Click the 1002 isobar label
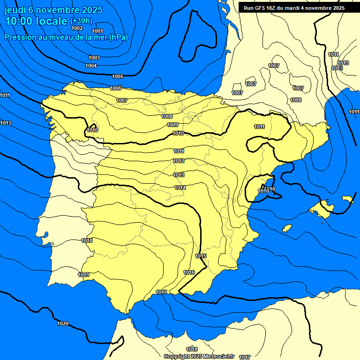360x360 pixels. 77,29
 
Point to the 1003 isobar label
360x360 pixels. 94,58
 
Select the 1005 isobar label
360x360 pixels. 118,76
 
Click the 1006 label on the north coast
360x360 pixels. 115,88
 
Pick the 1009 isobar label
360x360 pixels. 172,125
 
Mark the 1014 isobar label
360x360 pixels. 180,187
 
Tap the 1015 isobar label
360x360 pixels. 201,256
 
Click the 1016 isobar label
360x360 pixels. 189,272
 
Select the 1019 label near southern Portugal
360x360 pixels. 84,275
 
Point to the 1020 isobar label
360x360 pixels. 63,323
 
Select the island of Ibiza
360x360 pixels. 288,228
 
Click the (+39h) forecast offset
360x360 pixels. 81,21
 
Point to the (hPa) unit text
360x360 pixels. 118,37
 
